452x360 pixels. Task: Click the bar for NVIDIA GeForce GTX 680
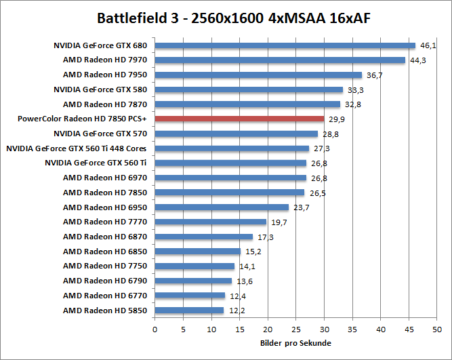[x=285, y=45]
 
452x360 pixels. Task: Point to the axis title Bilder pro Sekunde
[x=295, y=343]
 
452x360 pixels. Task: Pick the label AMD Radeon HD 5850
[x=105, y=311]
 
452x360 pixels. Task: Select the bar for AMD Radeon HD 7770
[x=211, y=222]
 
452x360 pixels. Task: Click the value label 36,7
[x=374, y=75]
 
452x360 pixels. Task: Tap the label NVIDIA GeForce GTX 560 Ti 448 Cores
[x=77, y=148]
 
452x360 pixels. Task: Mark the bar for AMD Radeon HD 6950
[x=222, y=207]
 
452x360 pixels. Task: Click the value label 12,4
[x=237, y=296]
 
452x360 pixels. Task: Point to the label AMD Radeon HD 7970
[x=105, y=60]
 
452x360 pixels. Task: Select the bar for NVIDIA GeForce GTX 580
[x=249, y=89]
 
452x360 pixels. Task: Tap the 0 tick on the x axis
[x=155, y=329]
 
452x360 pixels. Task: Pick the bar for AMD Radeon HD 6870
[x=204, y=237]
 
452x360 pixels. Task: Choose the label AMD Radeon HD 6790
[x=105, y=281]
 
